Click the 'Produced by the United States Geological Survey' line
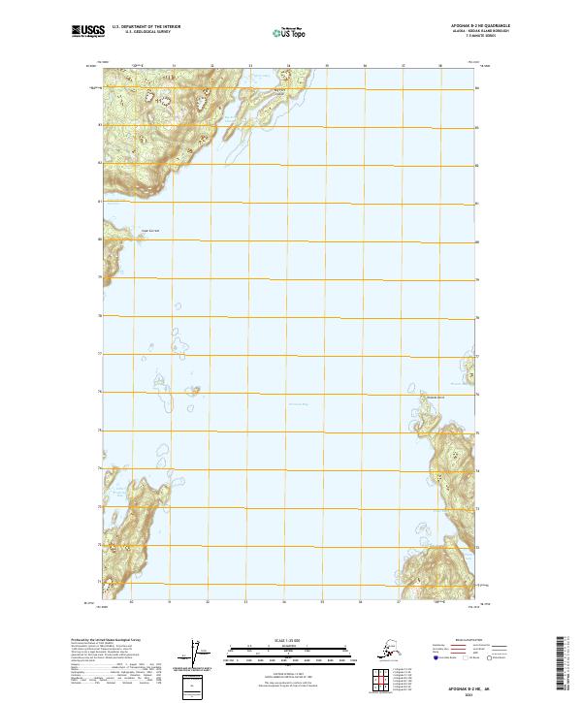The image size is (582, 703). click(113, 639)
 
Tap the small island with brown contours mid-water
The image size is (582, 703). click(196, 392)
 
